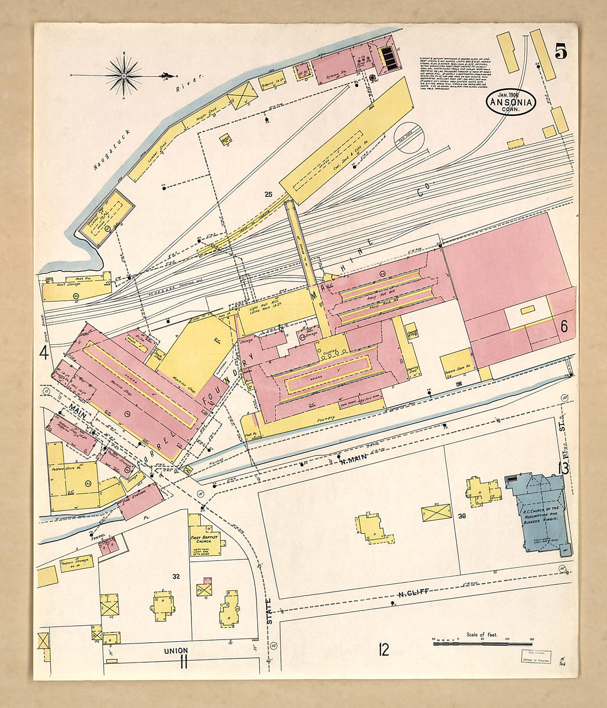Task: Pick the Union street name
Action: tap(175, 651)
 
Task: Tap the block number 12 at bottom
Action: tap(384, 650)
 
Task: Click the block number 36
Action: tap(462, 516)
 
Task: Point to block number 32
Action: tap(176, 577)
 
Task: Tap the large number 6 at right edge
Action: tap(564, 326)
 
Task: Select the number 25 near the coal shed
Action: tap(269, 194)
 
